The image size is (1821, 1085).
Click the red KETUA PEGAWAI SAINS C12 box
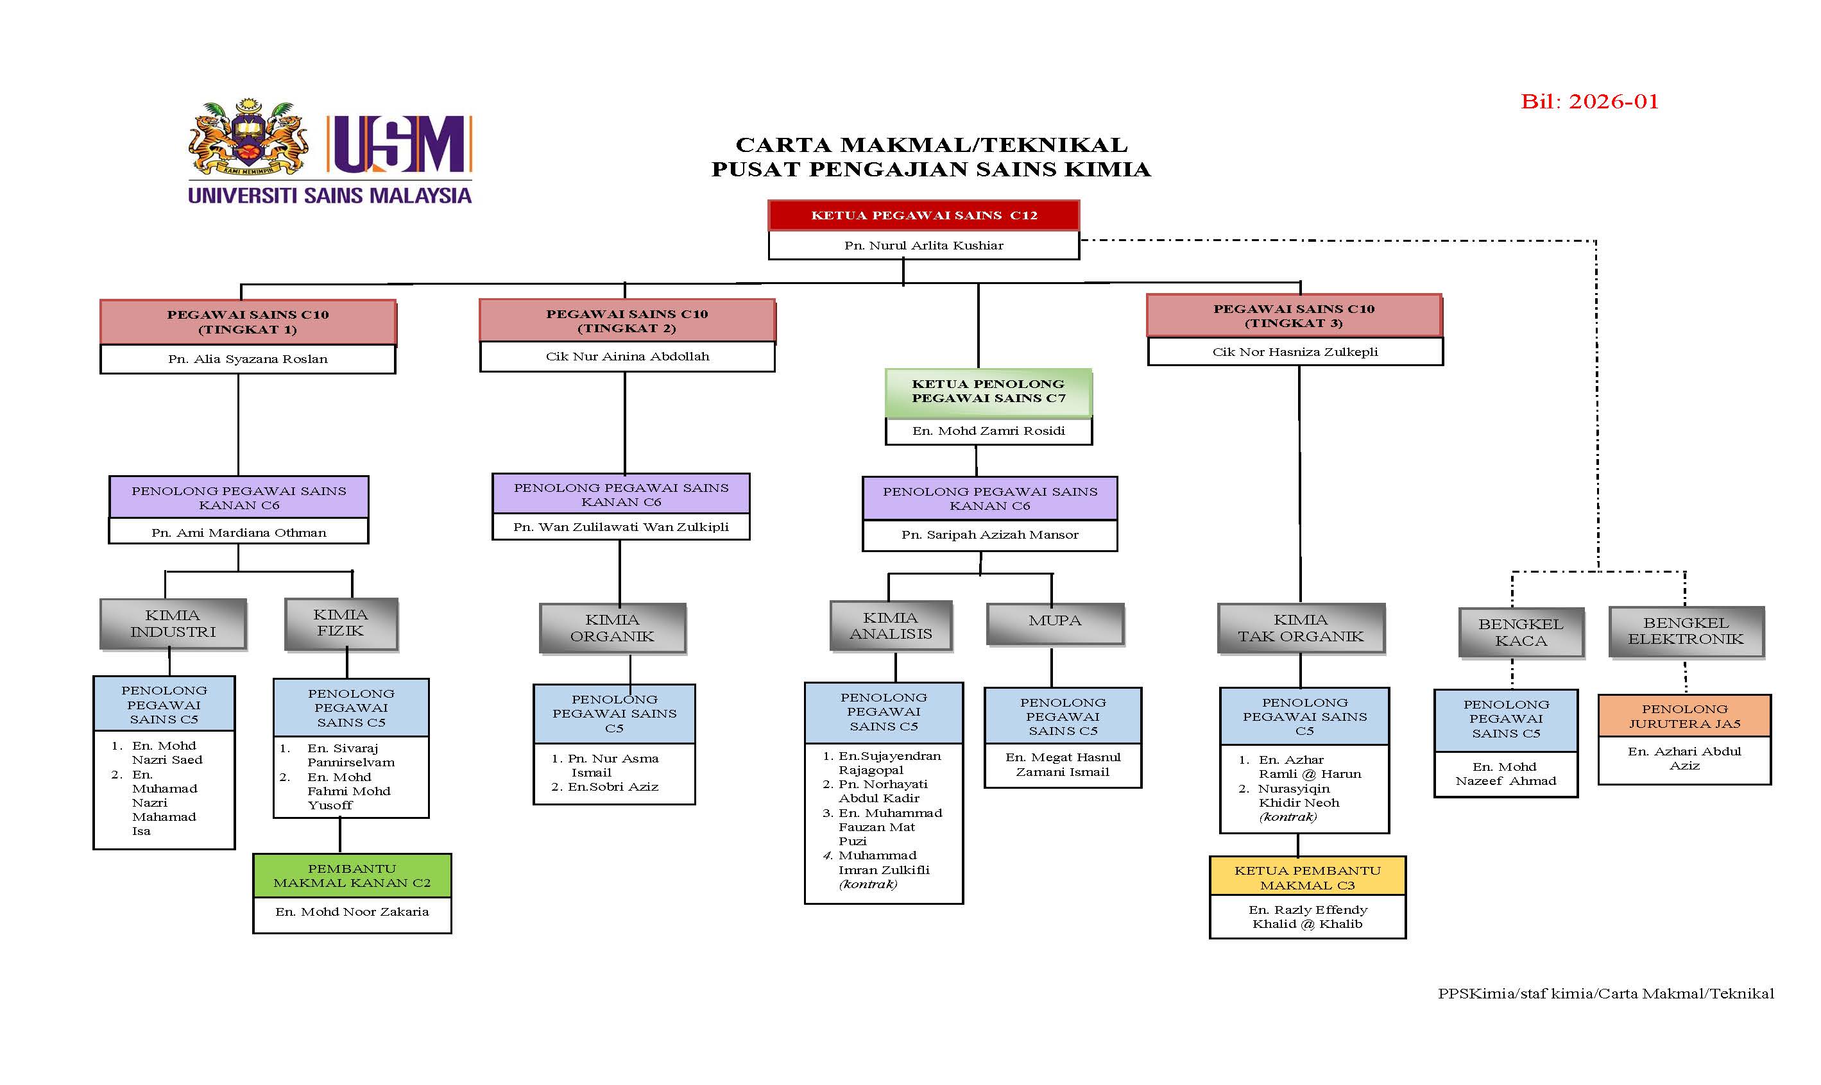click(923, 215)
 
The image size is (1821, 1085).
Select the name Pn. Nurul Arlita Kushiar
click(923, 246)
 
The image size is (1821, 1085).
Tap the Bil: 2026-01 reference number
click(1589, 101)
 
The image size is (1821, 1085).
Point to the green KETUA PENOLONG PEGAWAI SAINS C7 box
click(987, 391)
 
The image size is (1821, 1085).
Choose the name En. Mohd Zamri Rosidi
click(987, 431)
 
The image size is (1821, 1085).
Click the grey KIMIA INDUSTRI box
click(173, 624)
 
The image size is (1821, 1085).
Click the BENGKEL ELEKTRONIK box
click(1686, 631)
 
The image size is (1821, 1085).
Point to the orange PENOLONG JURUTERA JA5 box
click(1684, 716)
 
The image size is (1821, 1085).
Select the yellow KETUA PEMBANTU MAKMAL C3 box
click(1308, 877)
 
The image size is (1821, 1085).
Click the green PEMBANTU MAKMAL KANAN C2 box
click(352, 875)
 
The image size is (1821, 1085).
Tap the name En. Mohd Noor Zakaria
click(352, 912)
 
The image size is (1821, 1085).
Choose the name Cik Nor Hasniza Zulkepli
click(1295, 351)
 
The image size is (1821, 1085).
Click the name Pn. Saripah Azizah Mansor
click(990, 534)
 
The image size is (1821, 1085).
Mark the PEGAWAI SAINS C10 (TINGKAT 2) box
click(627, 320)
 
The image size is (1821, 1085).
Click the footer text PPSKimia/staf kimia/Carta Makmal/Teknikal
click(1605, 993)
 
